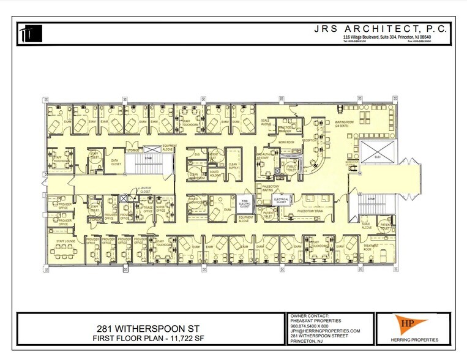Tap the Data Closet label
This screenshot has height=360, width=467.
[116, 162]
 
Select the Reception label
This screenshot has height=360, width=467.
[310, 140]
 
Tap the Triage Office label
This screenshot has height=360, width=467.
[147, 210]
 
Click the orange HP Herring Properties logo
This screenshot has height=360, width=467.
[413, 328]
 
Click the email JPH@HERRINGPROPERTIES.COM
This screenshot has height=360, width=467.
[325, 331]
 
